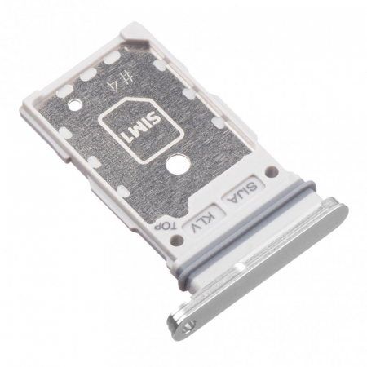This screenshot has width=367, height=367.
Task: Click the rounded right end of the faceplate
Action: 337,214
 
